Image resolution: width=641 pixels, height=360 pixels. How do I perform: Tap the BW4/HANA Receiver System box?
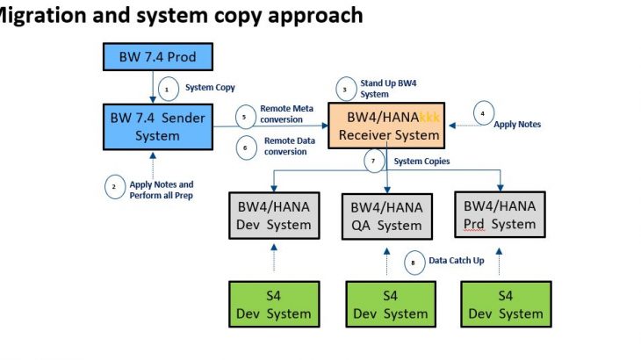[386, 125]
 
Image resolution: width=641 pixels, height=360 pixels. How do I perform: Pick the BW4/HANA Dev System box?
[274, 216]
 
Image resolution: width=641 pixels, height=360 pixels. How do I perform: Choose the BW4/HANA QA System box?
[386, 216]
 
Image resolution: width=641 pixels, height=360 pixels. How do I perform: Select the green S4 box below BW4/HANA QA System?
[387, 304]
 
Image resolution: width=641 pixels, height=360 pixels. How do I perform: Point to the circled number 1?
[167, 88]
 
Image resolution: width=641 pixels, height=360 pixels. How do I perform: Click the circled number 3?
[345, 89]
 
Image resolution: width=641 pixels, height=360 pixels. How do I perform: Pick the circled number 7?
[374, 162]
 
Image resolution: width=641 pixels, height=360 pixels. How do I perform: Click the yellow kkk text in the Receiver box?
[429, 118]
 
